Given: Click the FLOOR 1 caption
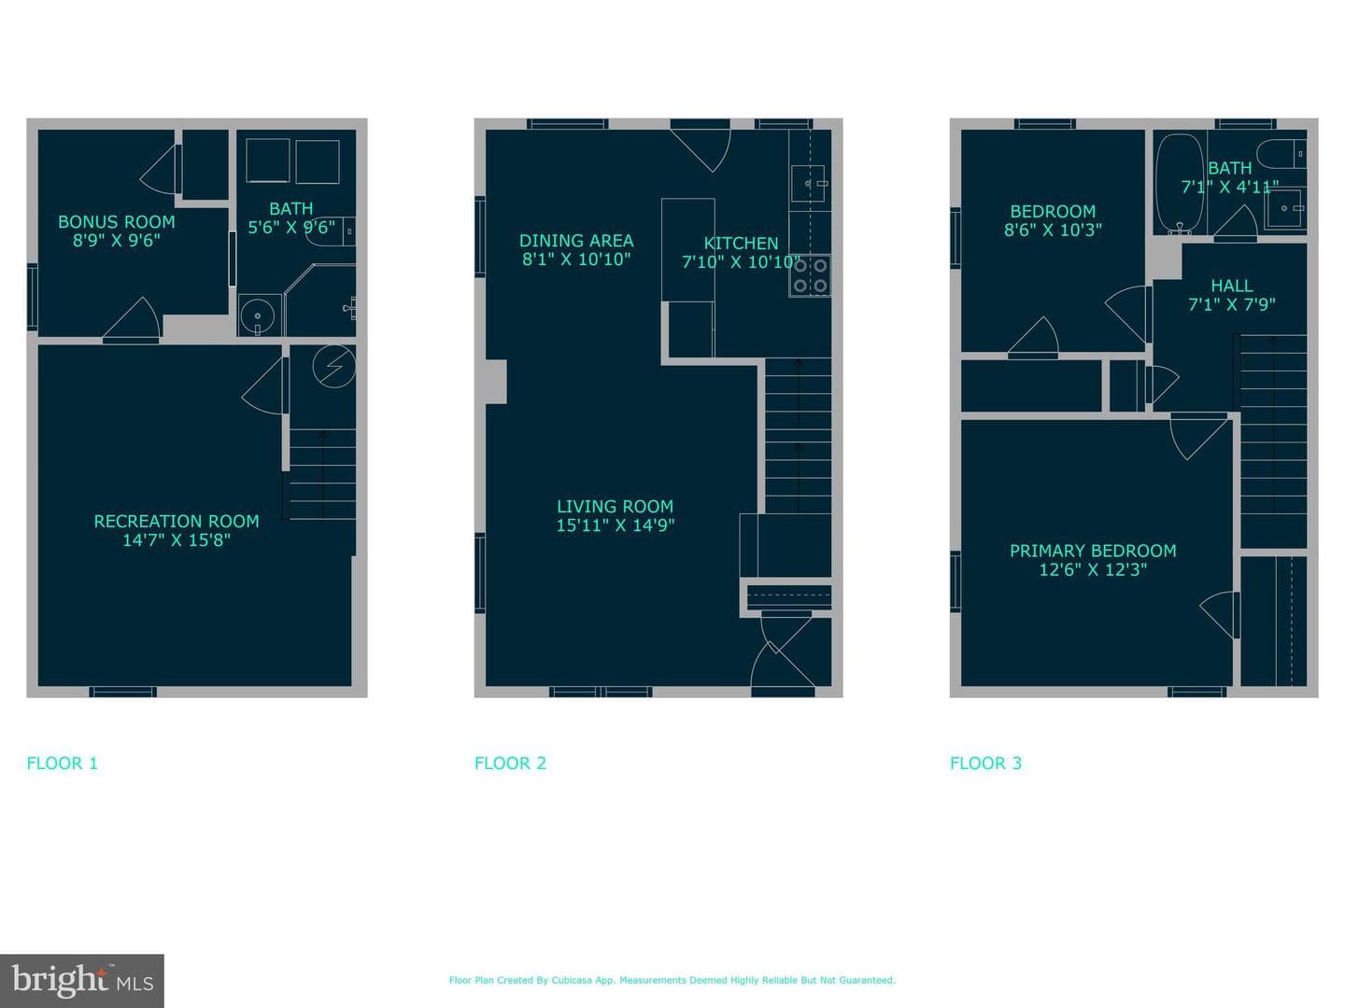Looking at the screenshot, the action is coord(62,763).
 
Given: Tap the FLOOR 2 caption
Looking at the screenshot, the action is coord(510,763).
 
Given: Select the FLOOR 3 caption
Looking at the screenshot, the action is coord(985,763).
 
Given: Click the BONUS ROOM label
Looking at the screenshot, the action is coord(117,221).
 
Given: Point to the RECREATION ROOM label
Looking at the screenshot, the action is coord(177,522).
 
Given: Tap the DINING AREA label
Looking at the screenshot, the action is coord(576,241).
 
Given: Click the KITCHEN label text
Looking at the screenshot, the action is coord(741,243).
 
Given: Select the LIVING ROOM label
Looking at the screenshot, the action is coord(615,507).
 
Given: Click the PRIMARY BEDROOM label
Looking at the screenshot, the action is coord(1093,551).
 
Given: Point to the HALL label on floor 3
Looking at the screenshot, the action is coord(1232,286).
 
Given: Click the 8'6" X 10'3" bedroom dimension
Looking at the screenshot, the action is coord(1053,231).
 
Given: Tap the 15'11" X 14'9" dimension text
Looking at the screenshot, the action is coord(615,525).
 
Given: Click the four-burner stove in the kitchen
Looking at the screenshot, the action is coord(810,275).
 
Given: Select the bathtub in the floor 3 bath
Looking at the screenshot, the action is coord(1179,184).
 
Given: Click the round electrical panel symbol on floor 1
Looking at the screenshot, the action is coord(334,367).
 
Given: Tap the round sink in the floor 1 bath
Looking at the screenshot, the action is coord(258,315).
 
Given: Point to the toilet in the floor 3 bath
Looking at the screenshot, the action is coord(1281,154).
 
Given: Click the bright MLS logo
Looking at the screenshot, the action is coord(82,981).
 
